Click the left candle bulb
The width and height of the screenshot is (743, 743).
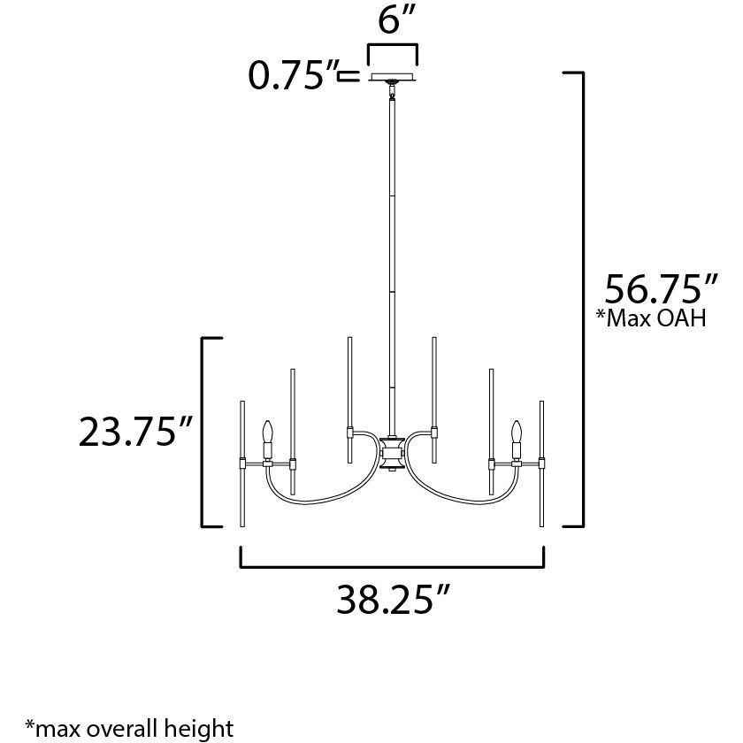[266, 434]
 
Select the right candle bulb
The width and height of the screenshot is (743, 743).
[516, 434]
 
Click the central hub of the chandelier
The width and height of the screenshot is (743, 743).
[391, 455]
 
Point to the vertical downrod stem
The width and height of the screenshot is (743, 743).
[390, 265]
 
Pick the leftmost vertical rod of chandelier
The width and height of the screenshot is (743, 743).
[242, 464]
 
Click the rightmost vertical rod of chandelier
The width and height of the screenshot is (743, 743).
[541, 464]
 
